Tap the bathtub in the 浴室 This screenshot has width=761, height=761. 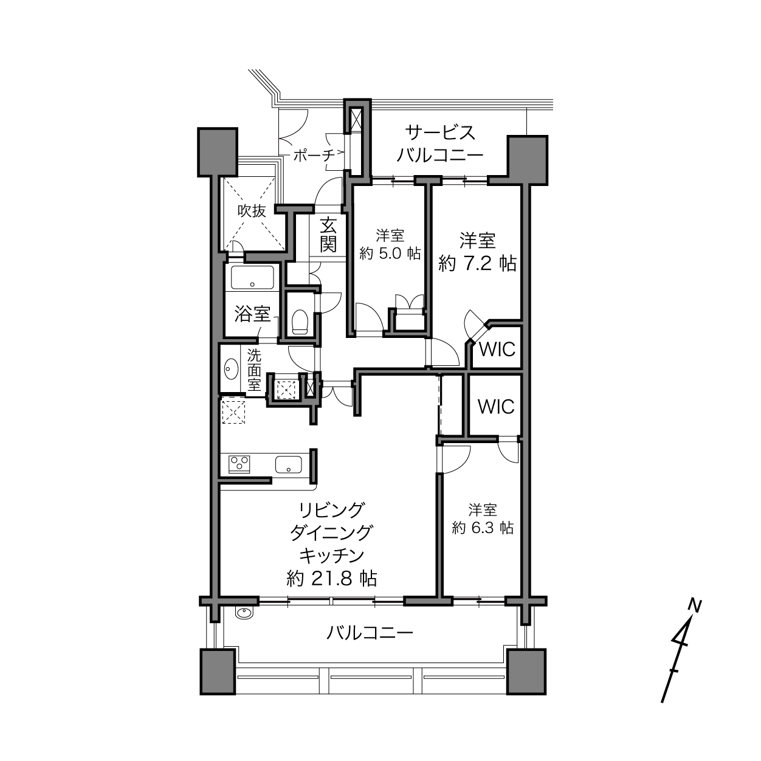[252, 278]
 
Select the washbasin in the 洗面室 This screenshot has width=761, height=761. [230, 369]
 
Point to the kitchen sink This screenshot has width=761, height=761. [289, 464]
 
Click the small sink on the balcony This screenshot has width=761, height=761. [245, 613]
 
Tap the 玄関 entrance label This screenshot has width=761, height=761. [328, 236]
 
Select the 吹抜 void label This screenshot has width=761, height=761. [252, 211]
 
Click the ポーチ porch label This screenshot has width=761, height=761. [314, 156]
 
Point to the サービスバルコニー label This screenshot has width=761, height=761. [440, 143]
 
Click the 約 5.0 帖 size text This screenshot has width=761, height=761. [390, 253]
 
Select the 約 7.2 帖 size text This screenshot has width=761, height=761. [478, 263]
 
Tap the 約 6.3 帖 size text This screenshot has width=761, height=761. [483, 528]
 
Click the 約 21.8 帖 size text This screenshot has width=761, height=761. [332, 579]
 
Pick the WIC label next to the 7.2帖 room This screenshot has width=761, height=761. [497, 349]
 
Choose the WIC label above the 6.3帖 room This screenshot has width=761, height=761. [496, 407]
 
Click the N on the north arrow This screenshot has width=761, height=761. [695, 605]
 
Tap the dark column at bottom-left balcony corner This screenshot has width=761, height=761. [218, 672]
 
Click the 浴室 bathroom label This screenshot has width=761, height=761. [252, 314]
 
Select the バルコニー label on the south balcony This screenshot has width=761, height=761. [370, 633]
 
